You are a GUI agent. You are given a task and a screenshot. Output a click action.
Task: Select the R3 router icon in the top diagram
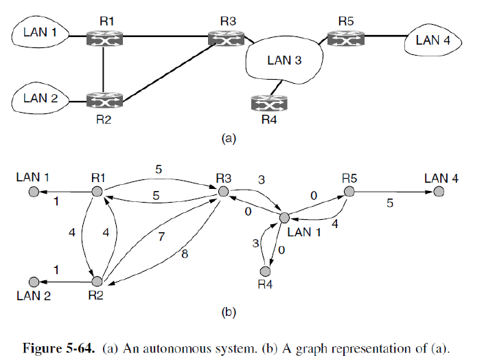pyautogui.click(x=227, y=38)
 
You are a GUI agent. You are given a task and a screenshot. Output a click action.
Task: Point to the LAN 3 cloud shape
pyautogui.click(x=284, y=60)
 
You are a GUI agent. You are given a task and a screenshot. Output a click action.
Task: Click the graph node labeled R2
pyautogui.click(x=97, y=281)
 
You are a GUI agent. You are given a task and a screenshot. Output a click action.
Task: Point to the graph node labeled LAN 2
pyautogui.click(x=32, y=282)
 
